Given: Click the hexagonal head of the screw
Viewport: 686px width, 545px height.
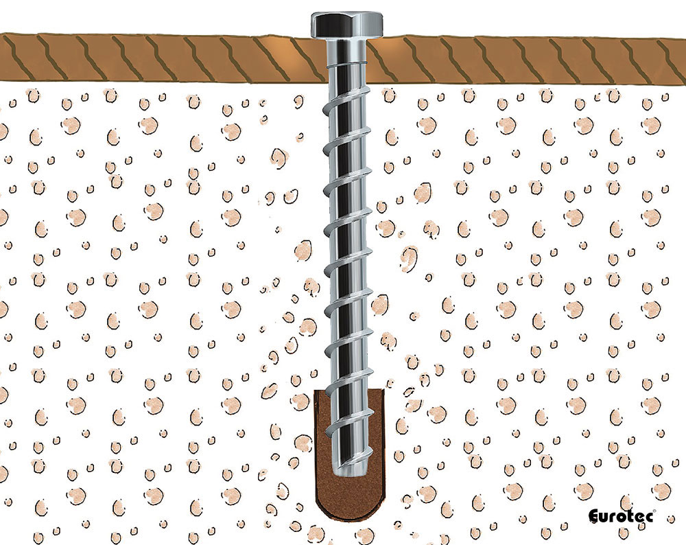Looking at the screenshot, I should click(x=346, y=25).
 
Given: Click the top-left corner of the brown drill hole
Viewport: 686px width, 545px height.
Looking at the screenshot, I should click(x=318, y=393).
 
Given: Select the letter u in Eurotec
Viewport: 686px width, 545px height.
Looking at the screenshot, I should click(x=605, y=518).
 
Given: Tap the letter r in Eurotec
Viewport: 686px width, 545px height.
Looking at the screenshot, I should click(x=613, y=518).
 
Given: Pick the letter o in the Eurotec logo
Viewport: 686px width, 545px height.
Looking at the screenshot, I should click(x=622, y=518).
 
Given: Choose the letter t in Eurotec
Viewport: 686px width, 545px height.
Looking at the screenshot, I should click(x=630, y=517).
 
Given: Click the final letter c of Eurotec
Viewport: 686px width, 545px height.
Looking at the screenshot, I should click(x=648, y=518).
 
